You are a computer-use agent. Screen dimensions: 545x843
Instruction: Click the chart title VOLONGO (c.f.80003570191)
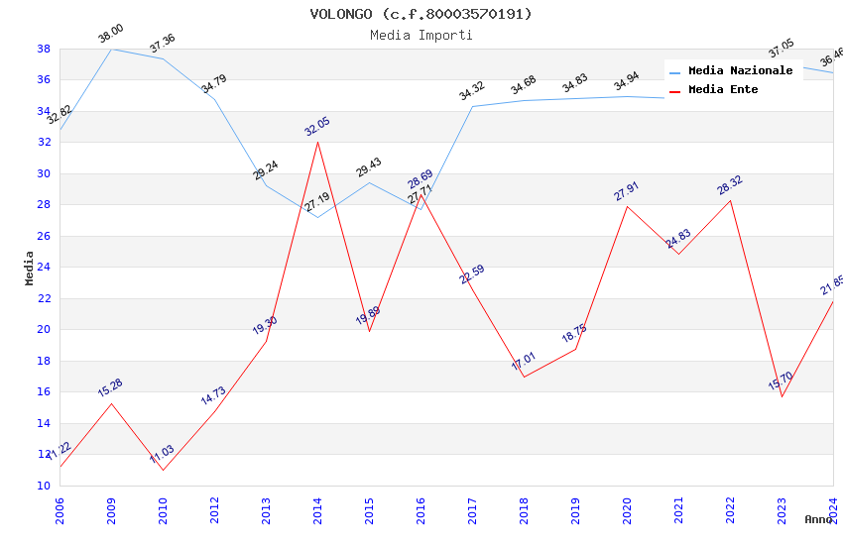click(421, 14)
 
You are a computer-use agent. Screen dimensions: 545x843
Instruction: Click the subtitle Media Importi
click(421, 35)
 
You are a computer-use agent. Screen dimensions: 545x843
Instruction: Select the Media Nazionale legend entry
click(740, 71)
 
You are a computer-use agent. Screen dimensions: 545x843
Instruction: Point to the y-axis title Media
click(30, 268)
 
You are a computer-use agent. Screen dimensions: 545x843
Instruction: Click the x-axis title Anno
click(818, 519)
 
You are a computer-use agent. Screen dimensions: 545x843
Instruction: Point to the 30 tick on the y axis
click(44, 173)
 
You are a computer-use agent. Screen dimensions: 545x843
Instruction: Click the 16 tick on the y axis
click(44, 391)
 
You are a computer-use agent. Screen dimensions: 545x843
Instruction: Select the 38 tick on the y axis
click(44, 49)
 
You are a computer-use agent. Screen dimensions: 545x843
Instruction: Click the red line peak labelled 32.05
click(317, 142)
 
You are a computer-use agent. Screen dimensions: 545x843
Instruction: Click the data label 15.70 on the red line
click(781, 381)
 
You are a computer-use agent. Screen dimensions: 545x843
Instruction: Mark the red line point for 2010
click(163, 470)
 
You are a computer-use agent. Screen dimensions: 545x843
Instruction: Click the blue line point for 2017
click(472, 106)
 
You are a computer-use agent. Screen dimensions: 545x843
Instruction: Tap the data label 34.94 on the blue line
click(627, 82)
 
